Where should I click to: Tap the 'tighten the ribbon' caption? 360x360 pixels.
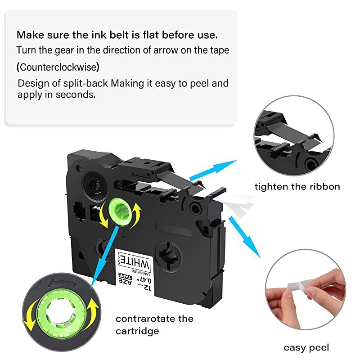(297, 186)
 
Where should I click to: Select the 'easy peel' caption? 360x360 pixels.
(306, 347)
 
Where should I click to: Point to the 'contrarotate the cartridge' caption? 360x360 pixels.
(154, 324)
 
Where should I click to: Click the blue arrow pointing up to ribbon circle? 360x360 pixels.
(213, 171)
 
